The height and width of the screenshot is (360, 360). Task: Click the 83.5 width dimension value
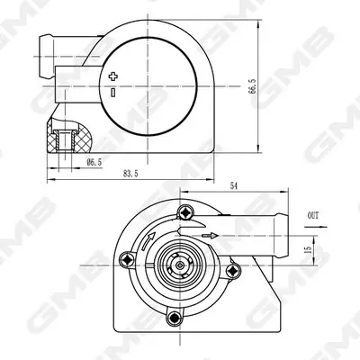[x=130, y=174]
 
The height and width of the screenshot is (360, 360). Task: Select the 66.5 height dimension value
[x=252, y=86]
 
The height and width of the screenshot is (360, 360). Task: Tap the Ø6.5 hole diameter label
[x=94, y=163]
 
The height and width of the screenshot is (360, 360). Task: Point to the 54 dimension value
[x=234, y=186]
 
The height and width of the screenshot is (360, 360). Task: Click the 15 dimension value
[x=308, y=249]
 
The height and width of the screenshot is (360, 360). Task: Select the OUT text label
[x=313, y=215]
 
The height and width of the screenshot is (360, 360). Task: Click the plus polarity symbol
[x=113, y=76]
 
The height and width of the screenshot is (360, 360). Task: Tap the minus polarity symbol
[x=113, y=93]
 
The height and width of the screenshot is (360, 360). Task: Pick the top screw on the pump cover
[x=186, y=212]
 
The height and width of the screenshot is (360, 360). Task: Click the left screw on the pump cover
[x=127, y=259]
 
